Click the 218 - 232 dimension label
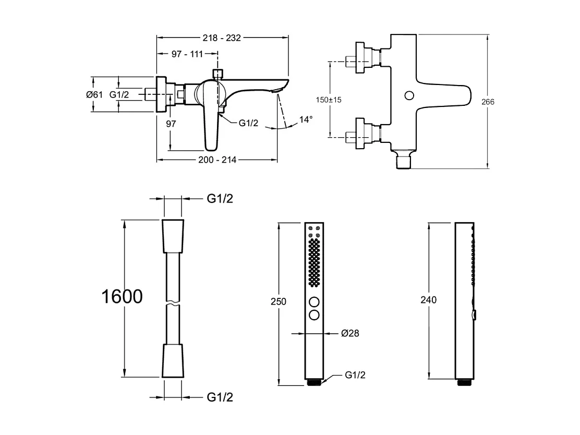[x=222, y=38]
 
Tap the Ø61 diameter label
[x=94, y=94]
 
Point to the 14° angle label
[x=306, y=120]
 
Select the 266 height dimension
[x=488, y=102]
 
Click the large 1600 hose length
[x=121, y=296]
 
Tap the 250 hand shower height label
[x=279, y=302]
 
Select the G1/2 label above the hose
[x=220, y=198]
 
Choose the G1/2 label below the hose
[x=220, y=397]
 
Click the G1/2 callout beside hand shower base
[x=355, y=375]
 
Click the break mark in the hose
[x=173, y=303]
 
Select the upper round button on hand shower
[x=314, y=302]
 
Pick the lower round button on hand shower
[x=314, y=315]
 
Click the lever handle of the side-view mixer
[x=213, y=125]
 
